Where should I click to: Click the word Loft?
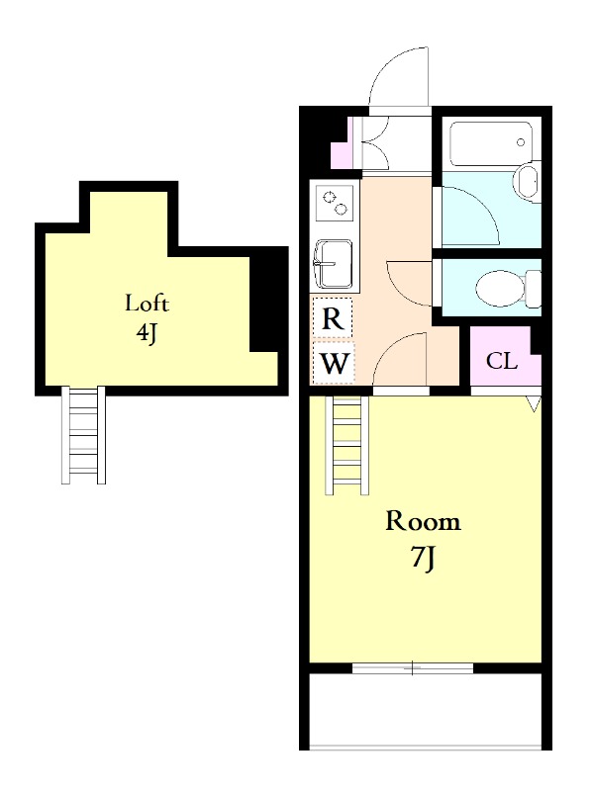click(x=147, y=304)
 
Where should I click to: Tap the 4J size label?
click(x=147, y=333)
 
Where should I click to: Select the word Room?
click(x=423, y=521)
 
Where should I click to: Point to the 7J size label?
click(x=424, y=559)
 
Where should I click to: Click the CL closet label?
click(x=502, y=361)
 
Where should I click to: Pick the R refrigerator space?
click(x=333, y=317)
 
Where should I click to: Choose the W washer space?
click(x=334, y=362)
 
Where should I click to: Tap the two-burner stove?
click(x=334, y=203)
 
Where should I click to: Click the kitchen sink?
click(x=333, y=264)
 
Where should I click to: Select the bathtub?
click(x=491, y=143)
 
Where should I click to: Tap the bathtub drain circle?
click(x=521, y=142)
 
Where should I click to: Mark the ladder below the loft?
click(x=83, y=435)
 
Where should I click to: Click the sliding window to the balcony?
click(x=413, y=669)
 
